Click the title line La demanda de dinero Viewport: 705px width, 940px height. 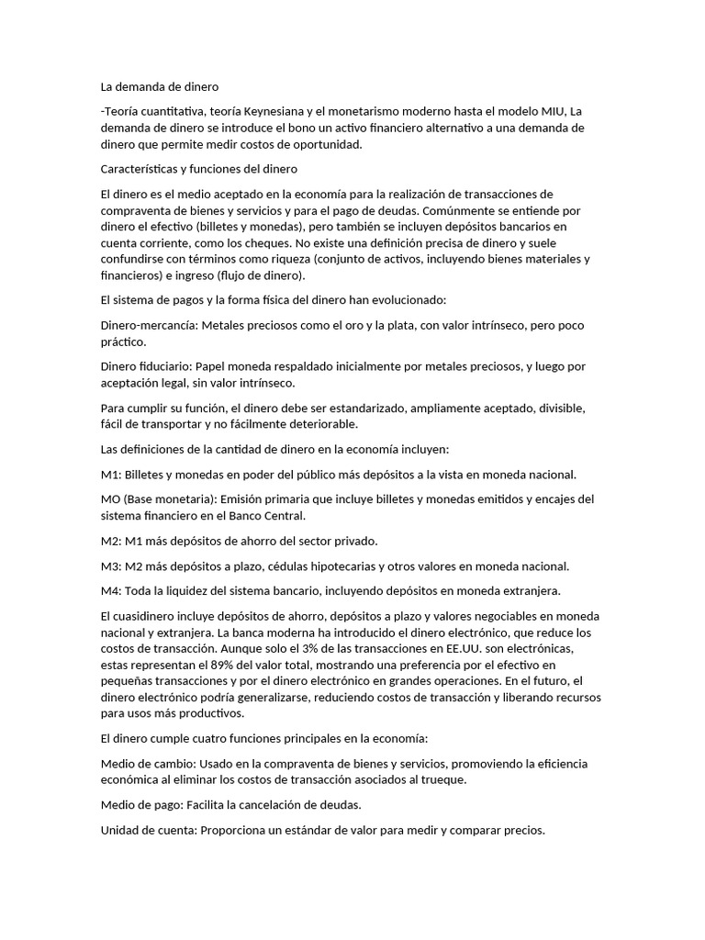pyautogui.click(x=160, y=88)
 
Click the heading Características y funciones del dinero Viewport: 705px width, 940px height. pyautogui.click(x=198, y=169)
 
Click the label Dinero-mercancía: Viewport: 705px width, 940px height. pyautogui.click(x=148, y=325)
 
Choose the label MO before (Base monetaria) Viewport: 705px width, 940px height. pyautogui.click(x=110, y=498)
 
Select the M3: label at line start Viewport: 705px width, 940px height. pyautogui.click(x=112, y=565)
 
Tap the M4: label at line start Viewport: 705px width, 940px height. pyautogui.click(x=112, y=589)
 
